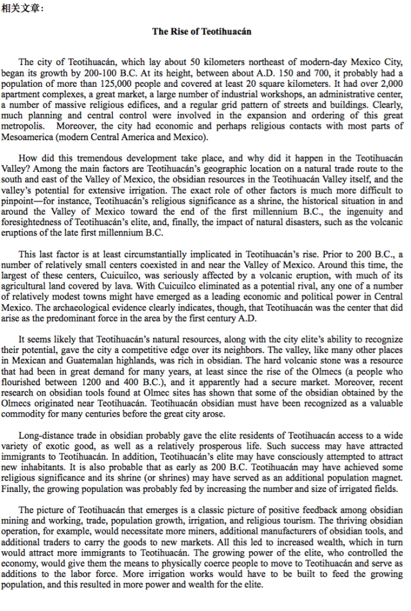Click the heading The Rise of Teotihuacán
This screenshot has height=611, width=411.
point(202,31)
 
